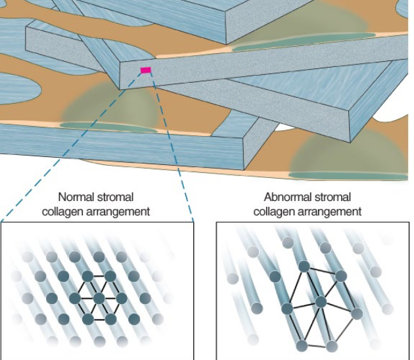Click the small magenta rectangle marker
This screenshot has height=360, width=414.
(x=145, y=70)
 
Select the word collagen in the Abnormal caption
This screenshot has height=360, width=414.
(x=275, y=212)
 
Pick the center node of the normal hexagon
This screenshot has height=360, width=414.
(x=99, y=299)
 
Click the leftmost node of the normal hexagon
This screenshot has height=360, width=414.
(x=75, y=299)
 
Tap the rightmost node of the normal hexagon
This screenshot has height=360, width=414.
(x=122, y=299)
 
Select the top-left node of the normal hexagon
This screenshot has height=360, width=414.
(x=87, y=277)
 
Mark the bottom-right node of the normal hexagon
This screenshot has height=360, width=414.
(x=110, y=319)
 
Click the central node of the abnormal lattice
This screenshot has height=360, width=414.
(x=321, y=302)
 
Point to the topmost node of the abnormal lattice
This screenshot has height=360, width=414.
(x=304, y=266)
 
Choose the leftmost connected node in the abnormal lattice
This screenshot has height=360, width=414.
(x=287, y=308)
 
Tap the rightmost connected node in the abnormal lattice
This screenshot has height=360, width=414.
(x=357, y=314)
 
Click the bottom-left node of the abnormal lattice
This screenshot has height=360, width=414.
(x=302, y=344)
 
